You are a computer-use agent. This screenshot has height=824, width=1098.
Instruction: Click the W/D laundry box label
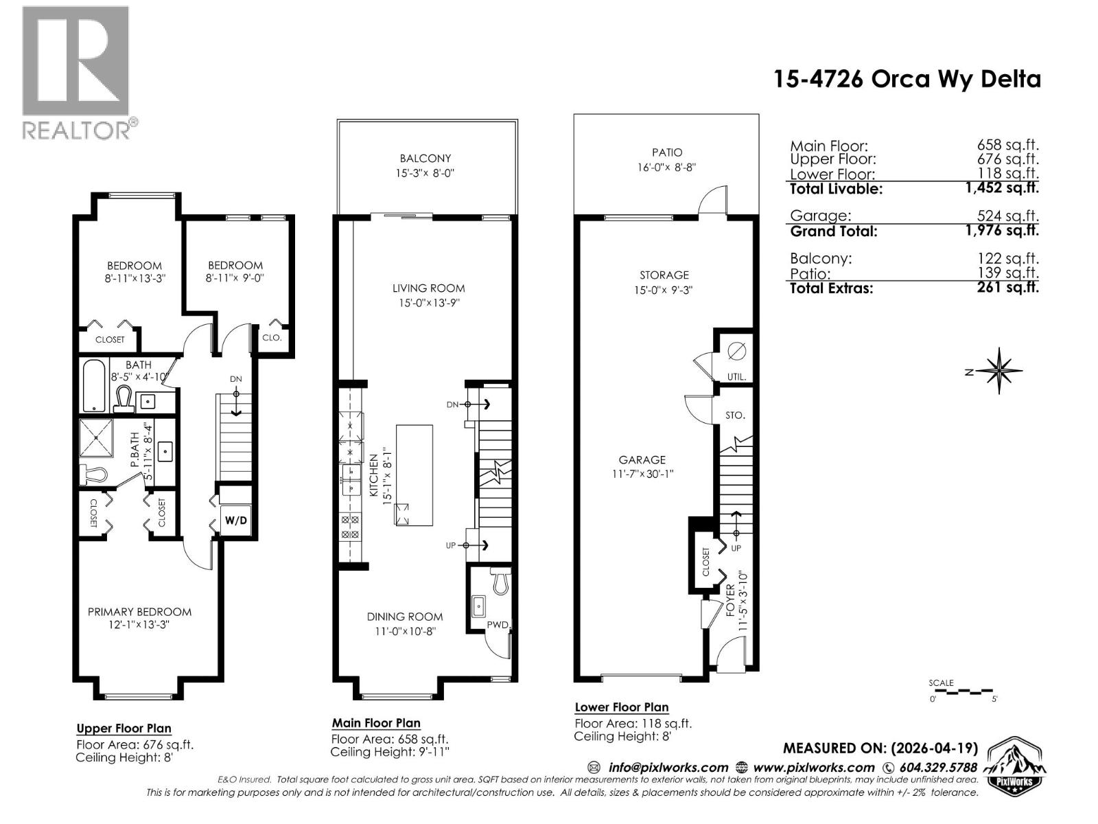click(235, 520)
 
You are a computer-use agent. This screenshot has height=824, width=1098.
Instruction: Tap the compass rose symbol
click(1000, 371)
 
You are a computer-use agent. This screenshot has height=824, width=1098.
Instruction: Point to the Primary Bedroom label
click(139, 612)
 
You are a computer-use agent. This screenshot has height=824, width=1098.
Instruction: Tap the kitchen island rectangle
click(414, 475)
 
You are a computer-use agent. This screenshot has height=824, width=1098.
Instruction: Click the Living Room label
click(428, 288)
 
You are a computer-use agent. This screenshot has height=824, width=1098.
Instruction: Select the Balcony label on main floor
click(425, 159)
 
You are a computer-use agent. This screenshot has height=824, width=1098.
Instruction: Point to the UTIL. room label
click(736, 377)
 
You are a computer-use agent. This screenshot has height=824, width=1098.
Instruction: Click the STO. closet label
click(735, 415)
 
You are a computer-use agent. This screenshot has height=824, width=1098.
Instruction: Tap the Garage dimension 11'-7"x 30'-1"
click(642, 474)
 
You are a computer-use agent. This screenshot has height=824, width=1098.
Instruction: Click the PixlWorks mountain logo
click(1015, 766)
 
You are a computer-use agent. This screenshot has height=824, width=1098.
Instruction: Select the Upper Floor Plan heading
click(124, 729)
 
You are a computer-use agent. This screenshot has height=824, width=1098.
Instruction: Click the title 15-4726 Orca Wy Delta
click(907, 79)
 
